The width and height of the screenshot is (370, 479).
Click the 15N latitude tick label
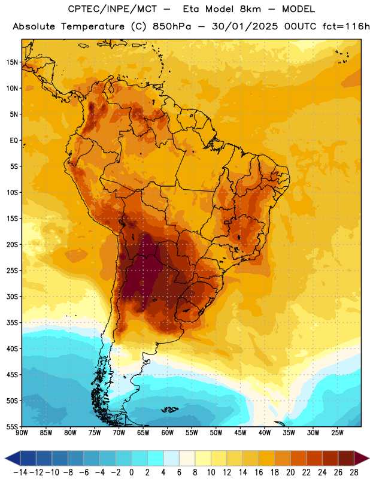12,62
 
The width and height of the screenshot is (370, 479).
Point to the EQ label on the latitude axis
14,141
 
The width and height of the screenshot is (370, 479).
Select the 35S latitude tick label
12,323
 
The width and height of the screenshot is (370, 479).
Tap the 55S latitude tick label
12,426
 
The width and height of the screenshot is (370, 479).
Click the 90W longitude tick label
22,433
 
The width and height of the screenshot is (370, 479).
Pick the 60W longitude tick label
168,433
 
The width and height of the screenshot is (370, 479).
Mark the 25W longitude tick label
338,433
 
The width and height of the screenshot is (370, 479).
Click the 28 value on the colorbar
354,472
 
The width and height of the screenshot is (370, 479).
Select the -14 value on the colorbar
20,472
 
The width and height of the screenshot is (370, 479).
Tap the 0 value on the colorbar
131,472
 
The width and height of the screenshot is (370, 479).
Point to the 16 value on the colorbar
259,472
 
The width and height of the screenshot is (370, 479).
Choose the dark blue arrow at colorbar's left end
13,458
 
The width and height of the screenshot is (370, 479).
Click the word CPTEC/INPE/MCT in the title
112,9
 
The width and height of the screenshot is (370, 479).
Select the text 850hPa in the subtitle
172,26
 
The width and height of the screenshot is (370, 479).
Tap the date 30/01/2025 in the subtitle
245,26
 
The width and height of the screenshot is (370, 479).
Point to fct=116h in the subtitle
346,26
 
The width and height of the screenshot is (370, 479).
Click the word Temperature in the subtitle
93,27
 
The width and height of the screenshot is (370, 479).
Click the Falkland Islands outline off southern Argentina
169,410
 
